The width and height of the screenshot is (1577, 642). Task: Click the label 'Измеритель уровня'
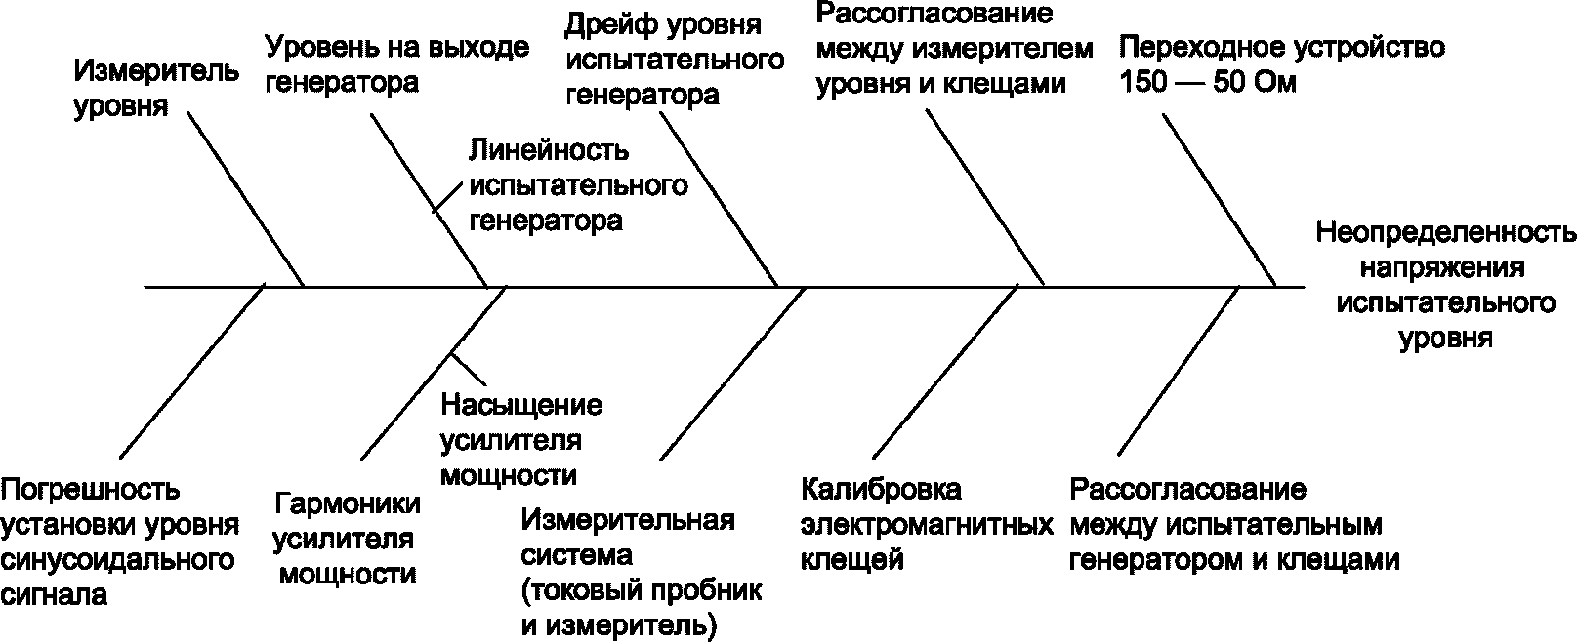pyautogui.click(x=156, y=88)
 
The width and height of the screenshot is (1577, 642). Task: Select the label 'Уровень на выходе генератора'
pyautogui.click(x=398, y=63)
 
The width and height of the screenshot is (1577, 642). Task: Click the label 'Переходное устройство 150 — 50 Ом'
pyautogui.click(x=1282, y=64)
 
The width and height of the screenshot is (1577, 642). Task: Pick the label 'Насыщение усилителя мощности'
pyautogui.click(x=521, y=440)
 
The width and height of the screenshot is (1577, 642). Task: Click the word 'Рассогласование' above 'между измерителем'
pyautogui.click(x=935, y=14)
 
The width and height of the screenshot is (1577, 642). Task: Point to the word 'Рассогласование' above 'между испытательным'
pyautogui.click(x=1187, y=489)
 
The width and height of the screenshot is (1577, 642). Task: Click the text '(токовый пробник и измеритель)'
pyautogui.click(x=642, y=608)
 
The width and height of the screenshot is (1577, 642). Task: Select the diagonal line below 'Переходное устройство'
pyautogui.click(x=1219, y=199)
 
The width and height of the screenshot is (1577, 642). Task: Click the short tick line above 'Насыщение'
pyautogui.click(x=470, y=367)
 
